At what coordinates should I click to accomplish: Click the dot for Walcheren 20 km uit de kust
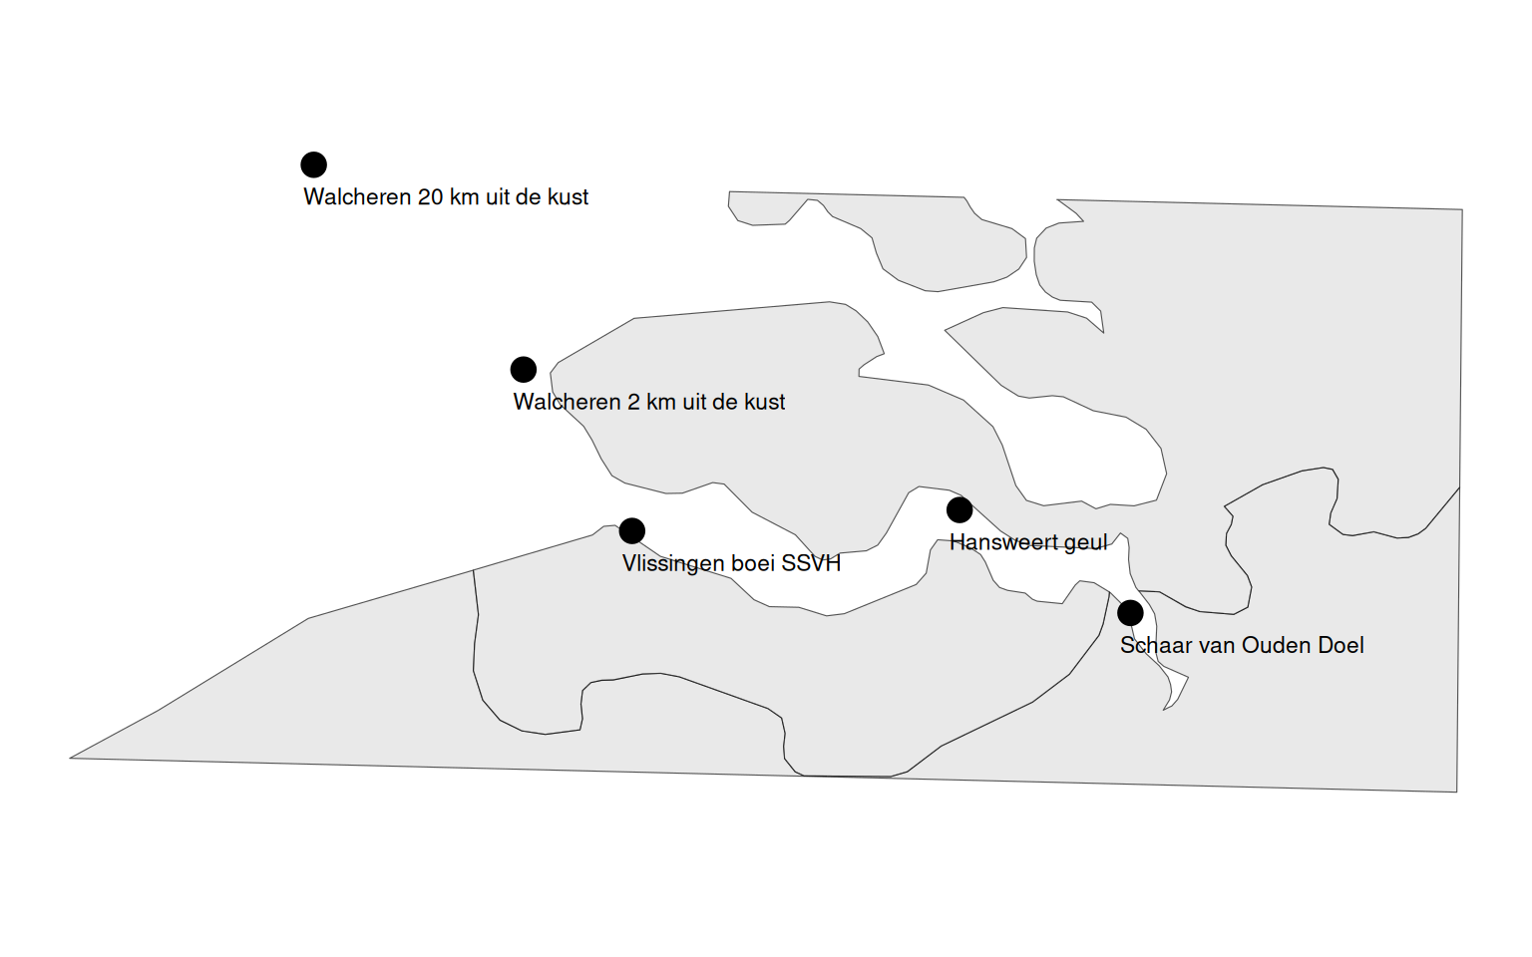point(313,164)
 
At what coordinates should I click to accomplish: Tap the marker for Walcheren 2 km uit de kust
point(523,370)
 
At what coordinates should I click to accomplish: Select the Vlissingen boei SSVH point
point(631,530)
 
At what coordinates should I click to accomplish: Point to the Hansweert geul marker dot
point(959,510)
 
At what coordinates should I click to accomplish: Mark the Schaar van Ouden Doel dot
point(1130,612)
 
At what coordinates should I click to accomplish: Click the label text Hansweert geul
point(1028,542)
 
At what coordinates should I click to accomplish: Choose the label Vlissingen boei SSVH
point(731,563)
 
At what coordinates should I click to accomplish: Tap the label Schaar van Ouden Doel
point(1242,645)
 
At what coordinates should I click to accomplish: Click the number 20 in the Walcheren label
point(430,197)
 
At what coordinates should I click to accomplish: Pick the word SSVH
point(811,563)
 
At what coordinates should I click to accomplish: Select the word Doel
point(1340,645)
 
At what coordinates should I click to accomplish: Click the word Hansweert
point(1003,542)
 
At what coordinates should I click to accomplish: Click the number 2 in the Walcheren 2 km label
point(633,402)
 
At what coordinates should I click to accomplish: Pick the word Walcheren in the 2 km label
point(567,402)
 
